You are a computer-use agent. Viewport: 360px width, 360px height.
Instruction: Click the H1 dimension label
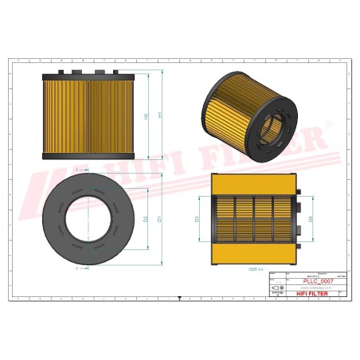tap(160, 115)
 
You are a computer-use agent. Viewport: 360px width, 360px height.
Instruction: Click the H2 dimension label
tap(146, 116)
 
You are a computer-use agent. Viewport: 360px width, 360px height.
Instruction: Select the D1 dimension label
tap(160, 217)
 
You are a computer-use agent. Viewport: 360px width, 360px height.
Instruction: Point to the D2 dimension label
tap(146, 217)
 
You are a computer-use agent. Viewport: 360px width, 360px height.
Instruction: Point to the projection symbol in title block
tap(277, 288)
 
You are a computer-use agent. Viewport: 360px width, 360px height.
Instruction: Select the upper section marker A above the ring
tap(76, 170)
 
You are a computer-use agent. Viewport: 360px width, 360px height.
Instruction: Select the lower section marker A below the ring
tap(76, 268)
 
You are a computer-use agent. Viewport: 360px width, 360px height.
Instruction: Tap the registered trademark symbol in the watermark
tap(326, 127)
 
